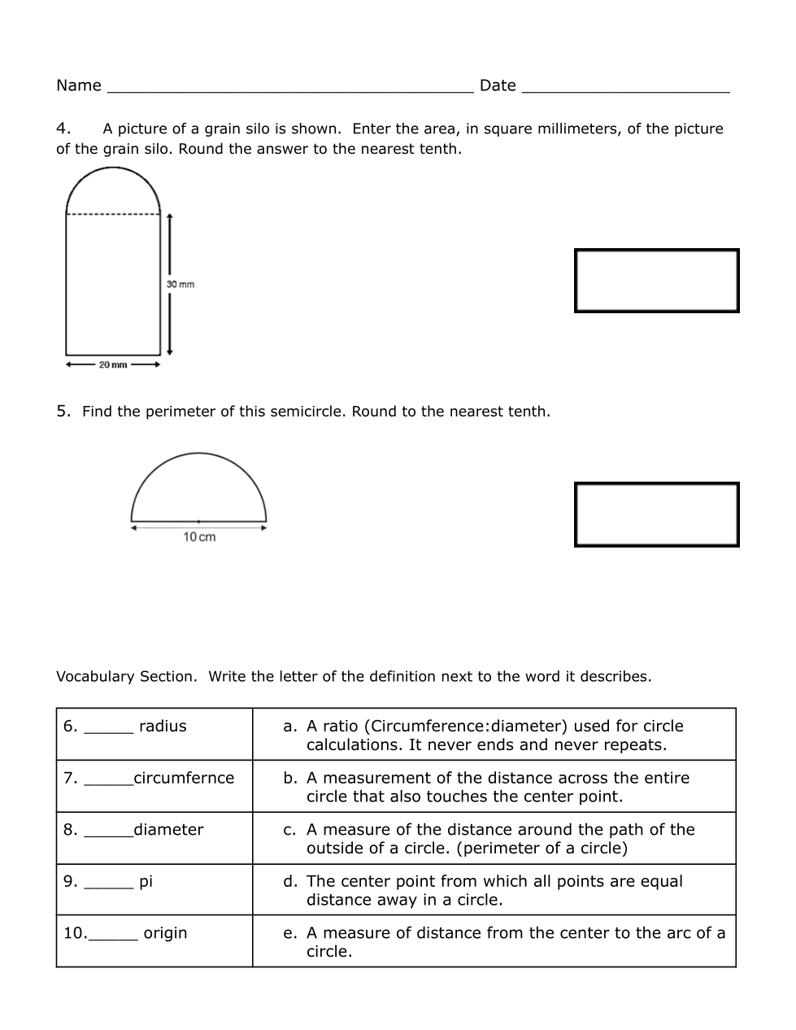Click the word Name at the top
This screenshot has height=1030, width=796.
79,85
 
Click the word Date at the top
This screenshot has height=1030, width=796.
498,85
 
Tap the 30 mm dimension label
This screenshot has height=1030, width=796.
181,284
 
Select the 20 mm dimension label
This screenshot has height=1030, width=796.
113,364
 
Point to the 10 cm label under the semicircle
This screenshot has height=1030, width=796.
199,537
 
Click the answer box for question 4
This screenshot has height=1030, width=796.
656,281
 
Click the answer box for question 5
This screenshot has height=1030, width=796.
656,514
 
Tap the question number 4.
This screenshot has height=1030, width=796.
63,129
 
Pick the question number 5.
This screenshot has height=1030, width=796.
63,411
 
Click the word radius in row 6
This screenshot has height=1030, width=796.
163,727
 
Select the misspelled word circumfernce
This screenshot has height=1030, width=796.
184,778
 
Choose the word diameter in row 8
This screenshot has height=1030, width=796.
168,830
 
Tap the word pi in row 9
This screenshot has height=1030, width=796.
146,881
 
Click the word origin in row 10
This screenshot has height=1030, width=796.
165,933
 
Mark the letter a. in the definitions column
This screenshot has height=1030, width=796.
289,727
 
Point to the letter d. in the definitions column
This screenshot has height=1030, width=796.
290,881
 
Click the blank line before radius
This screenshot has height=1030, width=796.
108,731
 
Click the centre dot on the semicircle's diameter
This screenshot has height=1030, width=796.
198,521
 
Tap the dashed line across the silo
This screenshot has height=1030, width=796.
113,214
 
